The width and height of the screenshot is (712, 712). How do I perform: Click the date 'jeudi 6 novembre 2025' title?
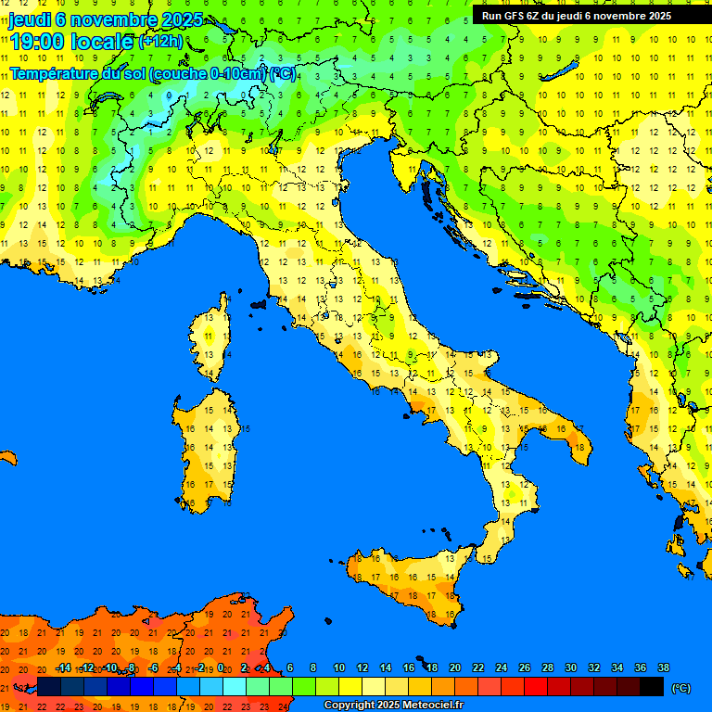tap(106, 19)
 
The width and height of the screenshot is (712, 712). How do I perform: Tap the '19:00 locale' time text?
tap(71, 42)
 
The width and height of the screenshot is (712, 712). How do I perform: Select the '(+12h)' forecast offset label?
tap(161, 42)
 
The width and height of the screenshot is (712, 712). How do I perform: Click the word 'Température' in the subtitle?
tap(51, 73)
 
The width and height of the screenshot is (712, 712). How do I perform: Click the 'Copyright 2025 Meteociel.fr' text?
tap(393, 706)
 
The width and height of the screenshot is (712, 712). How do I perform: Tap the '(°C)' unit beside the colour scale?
tap(680, 688)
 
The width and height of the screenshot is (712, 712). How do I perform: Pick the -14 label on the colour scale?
tap(63, 668)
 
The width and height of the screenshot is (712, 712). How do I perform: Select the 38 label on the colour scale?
tap(663, 668)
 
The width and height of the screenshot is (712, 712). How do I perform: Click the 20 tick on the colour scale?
tap(454, 668)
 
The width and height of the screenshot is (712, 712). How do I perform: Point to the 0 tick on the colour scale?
tap(222, 668)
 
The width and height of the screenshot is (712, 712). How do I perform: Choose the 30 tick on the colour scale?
tap(570, 668)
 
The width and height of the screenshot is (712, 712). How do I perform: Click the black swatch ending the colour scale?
tap(652, 686)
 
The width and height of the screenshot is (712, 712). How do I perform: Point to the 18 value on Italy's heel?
tap(579, 448)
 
